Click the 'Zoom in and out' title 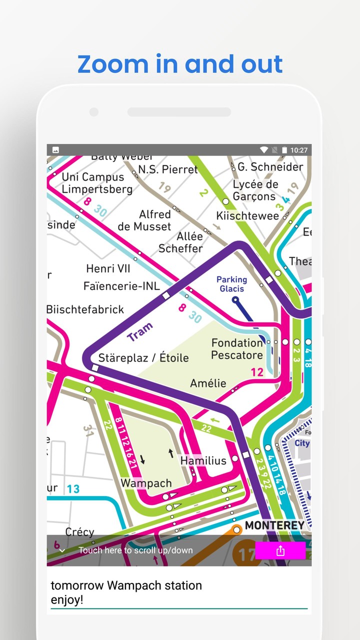tap(180, 64)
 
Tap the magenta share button tap(280, 550)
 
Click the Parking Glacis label tap(231, 284)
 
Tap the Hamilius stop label tap(203, 460)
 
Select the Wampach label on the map tap(146, 483)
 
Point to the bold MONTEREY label tap(274, 525)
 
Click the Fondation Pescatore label tap(237, 349)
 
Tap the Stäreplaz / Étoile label tap(143, 357)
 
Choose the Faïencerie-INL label tap(121, 286)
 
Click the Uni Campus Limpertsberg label tap(97, 183)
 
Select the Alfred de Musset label tap(144, 220)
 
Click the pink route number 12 tap(257, 372)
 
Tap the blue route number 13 tap(73, 488)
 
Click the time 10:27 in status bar tap(298, 150)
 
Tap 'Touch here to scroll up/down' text tap(135, 550)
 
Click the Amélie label tap(208, 383)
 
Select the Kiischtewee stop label tap(247, 216)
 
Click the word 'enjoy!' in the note tap(67, 600)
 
